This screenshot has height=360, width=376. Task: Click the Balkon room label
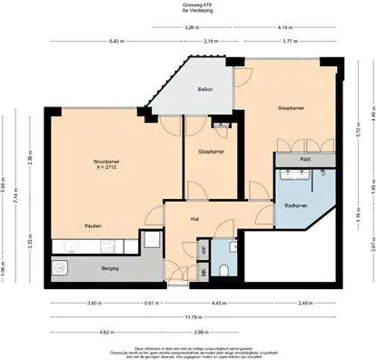point(205,89)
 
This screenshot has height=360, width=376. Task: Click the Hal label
point(194,219)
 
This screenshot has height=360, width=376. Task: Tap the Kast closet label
point(305,159)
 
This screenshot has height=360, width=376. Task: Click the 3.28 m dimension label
point(191,28)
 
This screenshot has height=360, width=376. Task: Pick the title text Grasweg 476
point(188,4)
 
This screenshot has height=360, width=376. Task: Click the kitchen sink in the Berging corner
point(61,267)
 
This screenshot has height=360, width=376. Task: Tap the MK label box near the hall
point(203,271)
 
